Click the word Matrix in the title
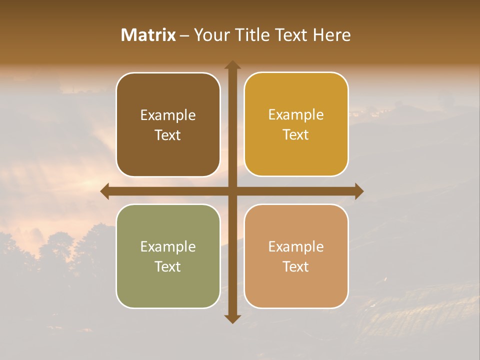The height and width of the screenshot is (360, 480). click(148, 35)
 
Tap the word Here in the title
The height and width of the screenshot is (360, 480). click(331, 35)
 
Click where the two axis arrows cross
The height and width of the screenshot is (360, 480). click(232, 191)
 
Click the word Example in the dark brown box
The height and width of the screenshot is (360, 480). click(168, 115)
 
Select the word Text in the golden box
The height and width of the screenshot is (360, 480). click(296, 135)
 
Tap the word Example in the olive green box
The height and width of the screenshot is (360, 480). click(168, 247)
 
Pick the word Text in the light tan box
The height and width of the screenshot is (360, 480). click(296, 266)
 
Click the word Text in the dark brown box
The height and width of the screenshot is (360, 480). click(168, 135)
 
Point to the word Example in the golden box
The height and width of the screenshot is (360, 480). click(296, 115)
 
